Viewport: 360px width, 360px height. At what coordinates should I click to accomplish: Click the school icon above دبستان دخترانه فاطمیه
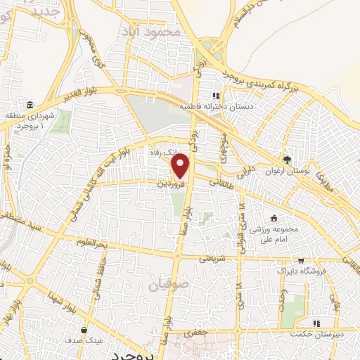point(217,96)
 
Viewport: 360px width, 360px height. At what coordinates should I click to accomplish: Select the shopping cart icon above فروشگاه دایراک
point(301,259)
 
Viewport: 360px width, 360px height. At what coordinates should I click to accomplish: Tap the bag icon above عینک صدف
point(84,329)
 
